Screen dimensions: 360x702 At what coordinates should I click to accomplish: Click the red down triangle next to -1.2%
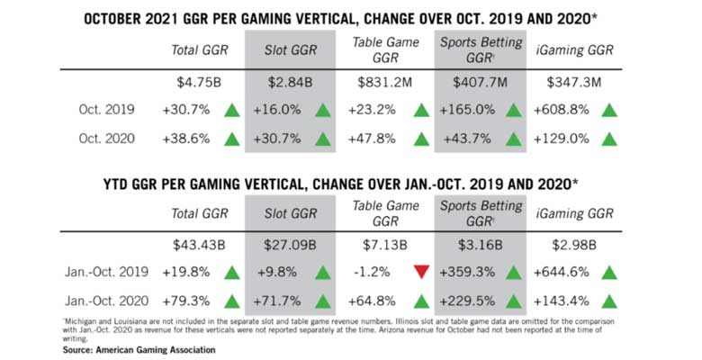419,272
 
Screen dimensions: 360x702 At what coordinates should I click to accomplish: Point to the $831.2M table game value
384,84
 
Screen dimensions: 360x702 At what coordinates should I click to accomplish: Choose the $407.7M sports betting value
478,84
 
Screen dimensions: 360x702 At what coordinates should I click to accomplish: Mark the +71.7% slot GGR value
276,299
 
